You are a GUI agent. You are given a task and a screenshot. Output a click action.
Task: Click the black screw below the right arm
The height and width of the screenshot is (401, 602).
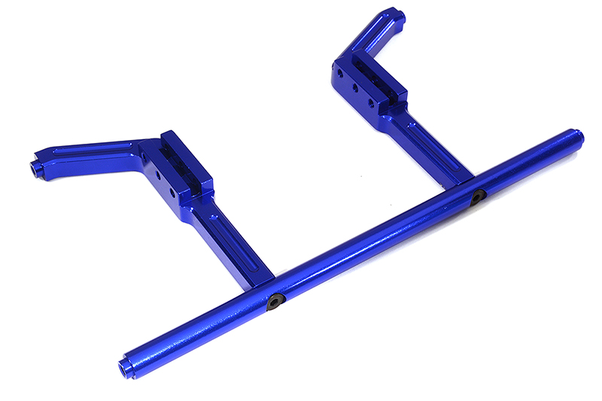[x=477, y=198]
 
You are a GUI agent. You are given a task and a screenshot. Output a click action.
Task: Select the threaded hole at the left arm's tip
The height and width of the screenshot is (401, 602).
[x=35, y=165]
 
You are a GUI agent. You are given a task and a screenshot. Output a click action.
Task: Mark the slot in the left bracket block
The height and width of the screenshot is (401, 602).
[x=181, y=162]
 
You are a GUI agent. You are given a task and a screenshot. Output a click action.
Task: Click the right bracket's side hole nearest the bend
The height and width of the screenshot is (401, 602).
[x=340, y=74]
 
